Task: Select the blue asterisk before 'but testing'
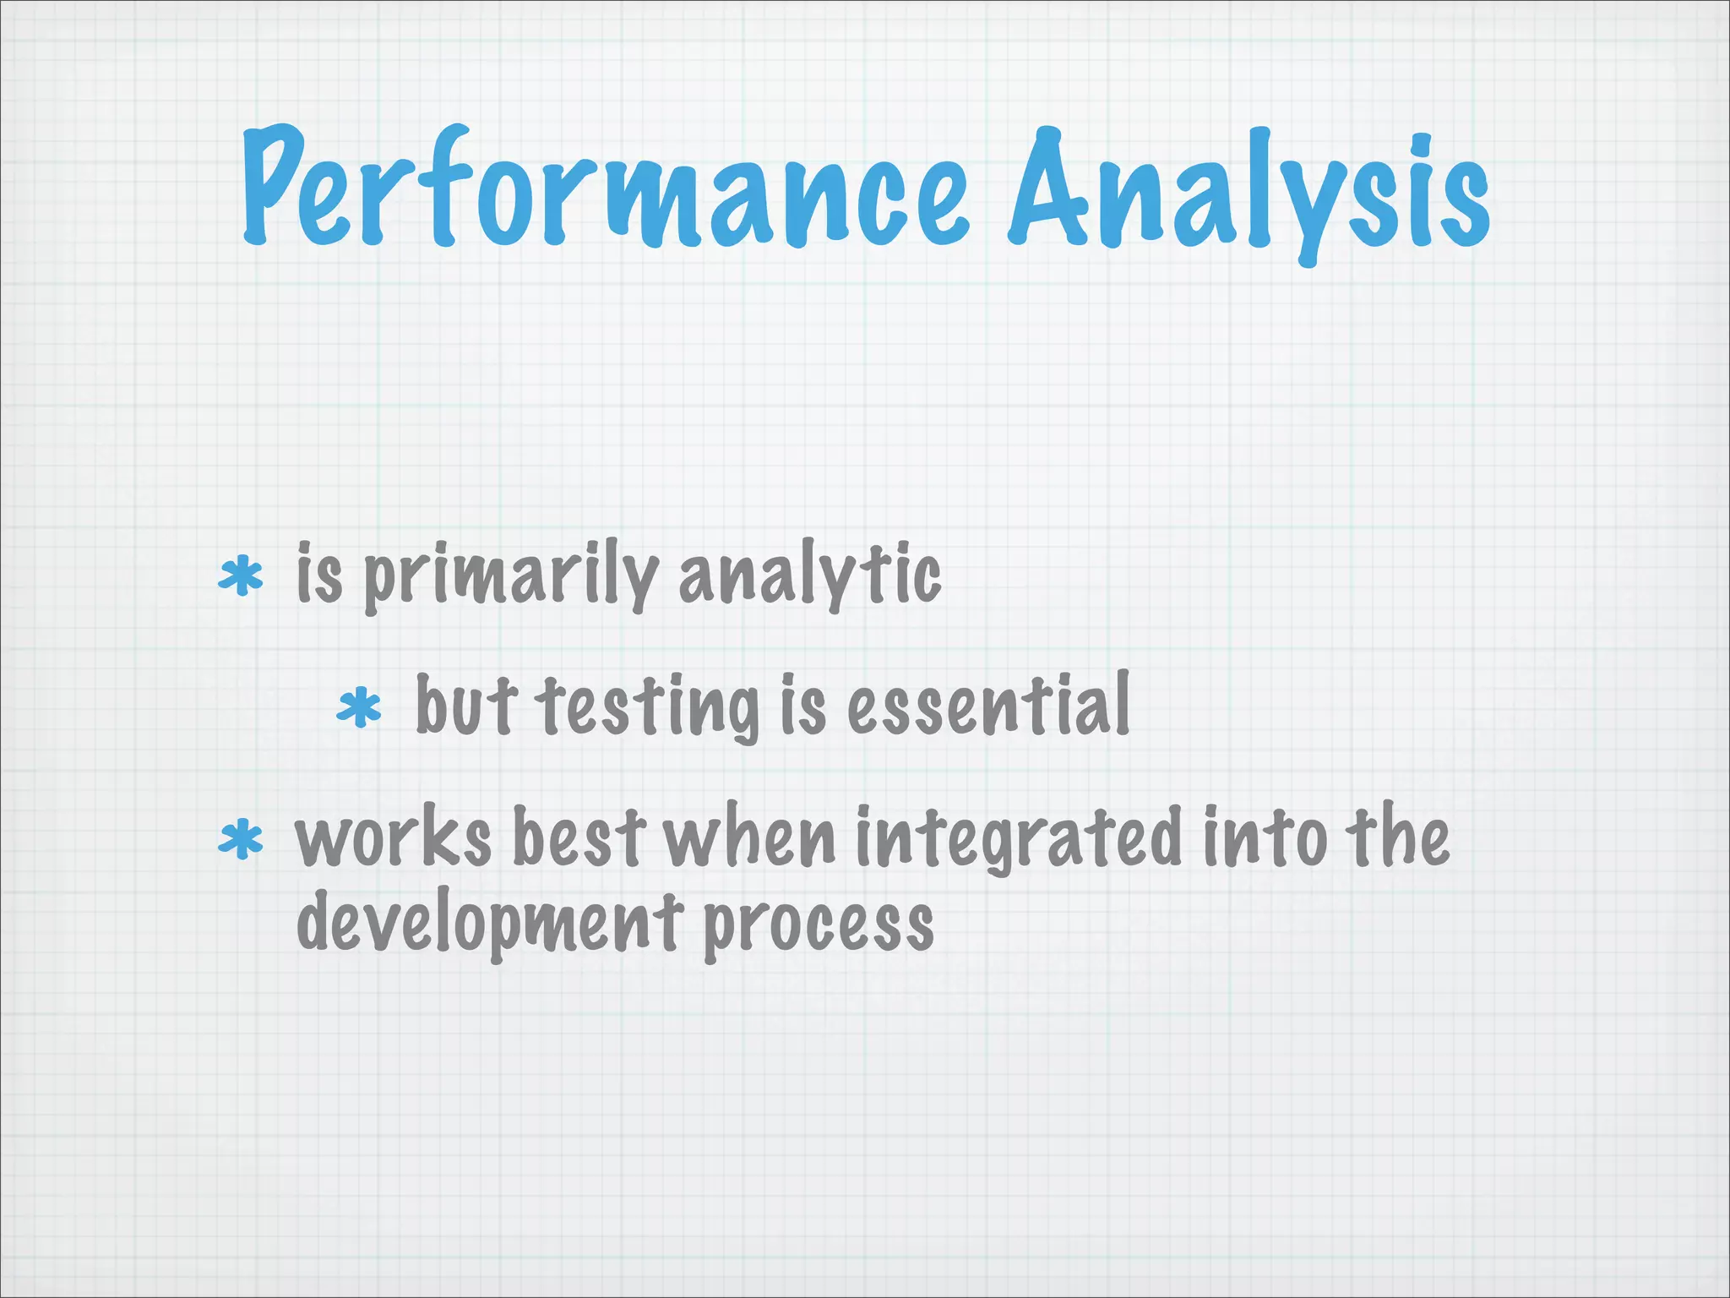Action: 359,707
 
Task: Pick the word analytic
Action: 809,575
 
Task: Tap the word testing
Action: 649,708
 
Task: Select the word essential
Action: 988,705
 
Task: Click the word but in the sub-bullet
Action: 465,706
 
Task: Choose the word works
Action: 393,838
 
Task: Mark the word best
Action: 579,838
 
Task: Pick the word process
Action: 818,926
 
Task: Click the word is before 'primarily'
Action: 319,575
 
